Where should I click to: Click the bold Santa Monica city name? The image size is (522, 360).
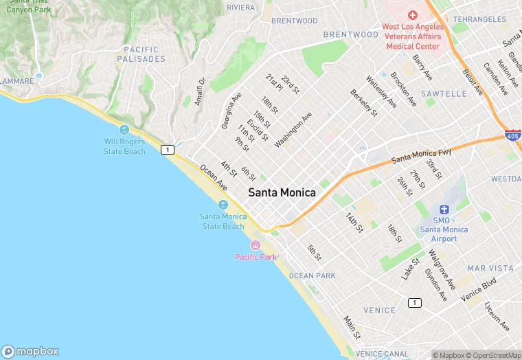[x=282, y=193]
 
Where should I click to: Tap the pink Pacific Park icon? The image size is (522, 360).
[x=256, y=245]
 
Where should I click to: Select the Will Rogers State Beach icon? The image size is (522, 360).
[x=124, y=130]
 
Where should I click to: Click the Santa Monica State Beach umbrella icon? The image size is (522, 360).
[x=223, y=205]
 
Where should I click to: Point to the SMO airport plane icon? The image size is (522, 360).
[x=444, y=209]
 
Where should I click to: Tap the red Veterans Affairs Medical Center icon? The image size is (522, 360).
[x=412, y=14]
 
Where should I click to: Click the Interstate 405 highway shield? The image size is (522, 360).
[x=512, y=136]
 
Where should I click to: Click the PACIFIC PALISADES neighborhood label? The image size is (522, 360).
[x=141, y=54]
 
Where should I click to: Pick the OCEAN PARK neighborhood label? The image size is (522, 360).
[x=313, y=275]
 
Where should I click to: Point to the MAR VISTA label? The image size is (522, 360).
[x=490, y=268]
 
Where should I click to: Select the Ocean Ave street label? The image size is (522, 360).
[x=213, y=177]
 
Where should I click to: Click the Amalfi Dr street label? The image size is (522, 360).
[x=200, y=91]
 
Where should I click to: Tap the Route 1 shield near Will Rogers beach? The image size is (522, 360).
[x=167, y=149]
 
